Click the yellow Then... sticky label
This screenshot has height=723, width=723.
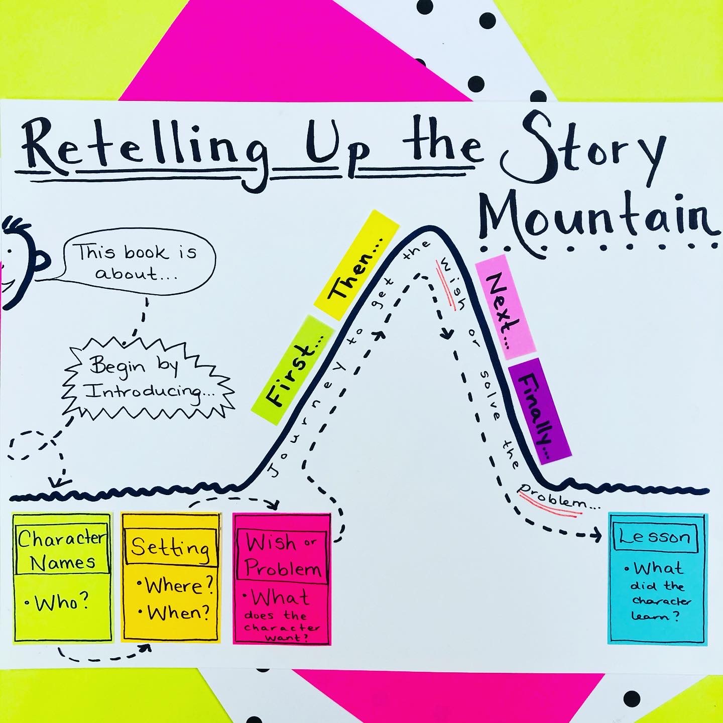click(356, 264)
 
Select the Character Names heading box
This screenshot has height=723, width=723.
click(62, 550)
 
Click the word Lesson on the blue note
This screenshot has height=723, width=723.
click(655, 538)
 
